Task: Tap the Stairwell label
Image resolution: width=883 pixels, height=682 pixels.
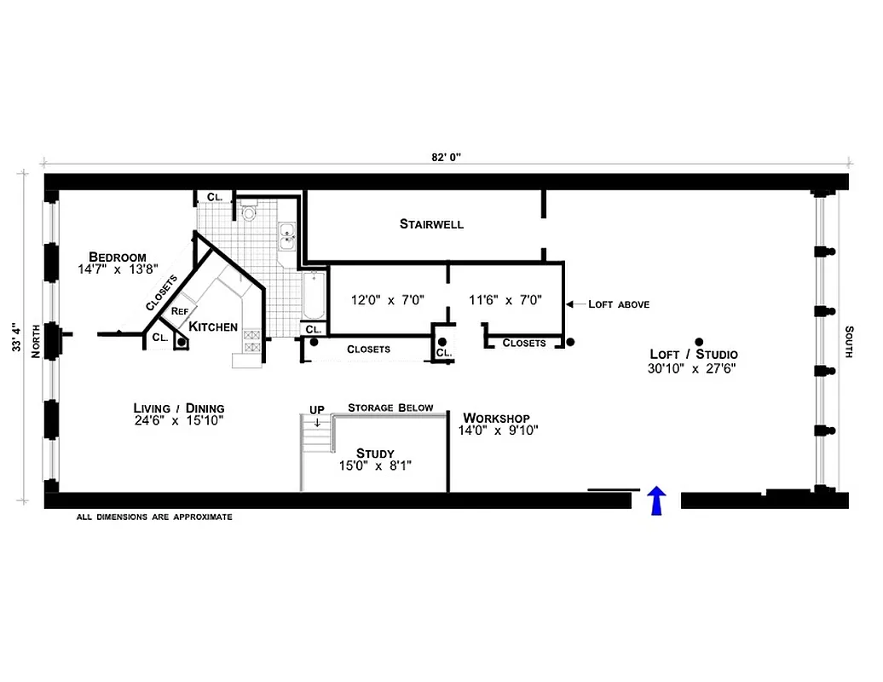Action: (431, 224)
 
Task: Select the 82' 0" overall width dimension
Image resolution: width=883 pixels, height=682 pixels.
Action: (446, 157)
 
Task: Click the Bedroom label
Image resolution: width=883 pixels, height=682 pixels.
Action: (118, 257)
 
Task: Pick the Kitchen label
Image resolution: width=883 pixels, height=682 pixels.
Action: (213, 327)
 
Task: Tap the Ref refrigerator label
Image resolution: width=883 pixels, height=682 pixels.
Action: (179, 312)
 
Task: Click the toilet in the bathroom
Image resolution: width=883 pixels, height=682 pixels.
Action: (249, 213)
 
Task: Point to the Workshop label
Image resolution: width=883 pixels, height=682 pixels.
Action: (496, 418)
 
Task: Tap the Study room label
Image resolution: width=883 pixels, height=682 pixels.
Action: (375, 454)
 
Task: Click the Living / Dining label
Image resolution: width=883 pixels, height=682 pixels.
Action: (179, 407)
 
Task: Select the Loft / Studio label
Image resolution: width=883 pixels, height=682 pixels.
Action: (694, 355)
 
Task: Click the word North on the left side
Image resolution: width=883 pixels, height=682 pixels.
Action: (36, 342)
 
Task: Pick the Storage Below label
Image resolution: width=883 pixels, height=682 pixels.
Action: (390, 407)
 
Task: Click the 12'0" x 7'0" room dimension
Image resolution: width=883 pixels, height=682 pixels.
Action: (388, 300)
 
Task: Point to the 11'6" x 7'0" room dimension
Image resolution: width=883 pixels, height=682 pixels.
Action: (505, 300)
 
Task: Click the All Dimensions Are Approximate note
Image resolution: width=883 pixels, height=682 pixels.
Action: (154, 517)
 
